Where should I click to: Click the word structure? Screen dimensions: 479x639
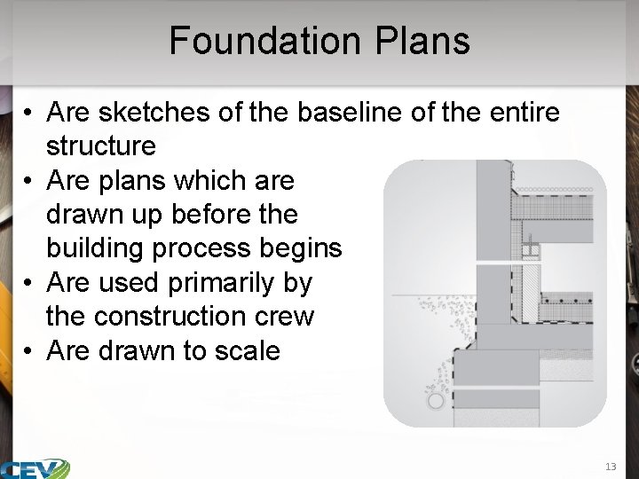[100, 146]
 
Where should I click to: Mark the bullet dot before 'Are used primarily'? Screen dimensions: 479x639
[29, 283]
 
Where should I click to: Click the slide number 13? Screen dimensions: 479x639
[610, 466]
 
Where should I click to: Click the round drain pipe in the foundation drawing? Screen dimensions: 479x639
[434, 402]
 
